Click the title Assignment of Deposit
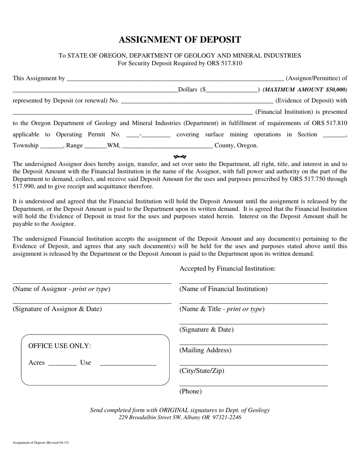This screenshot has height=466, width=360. pos(180,40)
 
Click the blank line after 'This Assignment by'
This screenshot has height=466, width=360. pos(175,80)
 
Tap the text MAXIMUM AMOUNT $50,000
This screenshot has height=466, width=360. pos(305,90)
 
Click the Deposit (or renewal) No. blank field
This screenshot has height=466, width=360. pos(196,102)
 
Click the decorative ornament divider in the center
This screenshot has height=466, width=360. pos(180,156)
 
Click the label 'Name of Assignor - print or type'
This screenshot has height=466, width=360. pos(61,289)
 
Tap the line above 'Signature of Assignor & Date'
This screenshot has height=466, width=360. pos(92,303)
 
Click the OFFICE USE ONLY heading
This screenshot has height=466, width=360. pos(59,346)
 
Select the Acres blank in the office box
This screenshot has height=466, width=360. pos(62,364)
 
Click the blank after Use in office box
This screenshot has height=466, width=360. pos(128,364)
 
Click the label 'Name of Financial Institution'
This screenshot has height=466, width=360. pos(223,289)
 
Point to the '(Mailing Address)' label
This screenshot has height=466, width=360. pos(205,350)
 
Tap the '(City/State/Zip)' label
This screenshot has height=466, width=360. pos(202,371)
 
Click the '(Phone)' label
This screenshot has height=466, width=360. pos(190,391)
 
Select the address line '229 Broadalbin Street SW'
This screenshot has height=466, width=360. pos(180,418)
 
